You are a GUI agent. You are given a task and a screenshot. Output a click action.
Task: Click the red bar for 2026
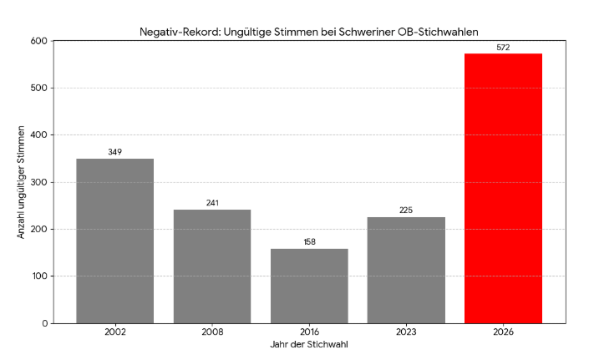[x=503, y=188]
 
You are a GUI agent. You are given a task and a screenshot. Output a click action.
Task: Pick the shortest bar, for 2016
[x=309, y=286]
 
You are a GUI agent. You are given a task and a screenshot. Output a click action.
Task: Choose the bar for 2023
[x=406, y=270]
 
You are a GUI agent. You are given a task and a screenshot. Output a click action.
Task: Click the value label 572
[x=503, y=47]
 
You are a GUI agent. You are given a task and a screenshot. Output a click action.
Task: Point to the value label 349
[x=115, y=152]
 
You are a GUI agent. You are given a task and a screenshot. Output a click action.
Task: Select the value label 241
[x=212, y=203]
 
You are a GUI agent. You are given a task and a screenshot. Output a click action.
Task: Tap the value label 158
[x=309, y=242]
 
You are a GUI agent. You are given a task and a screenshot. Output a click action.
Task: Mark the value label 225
[x=406, y=210]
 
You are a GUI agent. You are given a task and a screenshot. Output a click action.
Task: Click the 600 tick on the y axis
[x=38, y=41]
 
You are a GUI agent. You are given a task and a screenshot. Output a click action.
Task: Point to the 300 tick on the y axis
[x=38, y=182]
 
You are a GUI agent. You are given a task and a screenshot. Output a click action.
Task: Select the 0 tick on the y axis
[x=43, y=323]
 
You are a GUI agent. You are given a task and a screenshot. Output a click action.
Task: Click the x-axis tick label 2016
[x=309, y=332]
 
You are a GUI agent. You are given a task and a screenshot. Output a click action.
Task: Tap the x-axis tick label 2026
[x=503, y=332]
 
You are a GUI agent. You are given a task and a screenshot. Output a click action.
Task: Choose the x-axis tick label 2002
[x=115, y=332]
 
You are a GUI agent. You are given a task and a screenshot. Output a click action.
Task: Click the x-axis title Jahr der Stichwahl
[x=309, y=344]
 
